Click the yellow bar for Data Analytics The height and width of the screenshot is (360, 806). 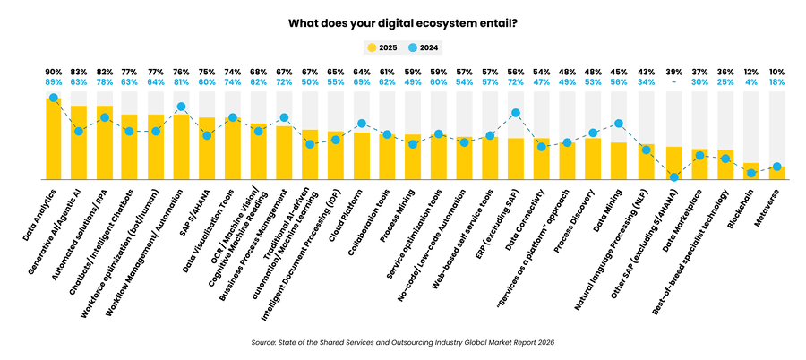coord(53,139)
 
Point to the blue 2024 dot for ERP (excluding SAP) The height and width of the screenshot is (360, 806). coord(516,113)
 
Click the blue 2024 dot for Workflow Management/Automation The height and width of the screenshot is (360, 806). coord(182,107)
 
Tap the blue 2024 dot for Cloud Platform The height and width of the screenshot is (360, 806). coord(362,124)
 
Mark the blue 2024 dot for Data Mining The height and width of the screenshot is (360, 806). coord(619,124)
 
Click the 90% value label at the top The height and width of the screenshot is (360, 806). coord(53,70)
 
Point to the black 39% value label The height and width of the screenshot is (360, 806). coord(674,70)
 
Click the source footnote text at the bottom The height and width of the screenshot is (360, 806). coord(403,340)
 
